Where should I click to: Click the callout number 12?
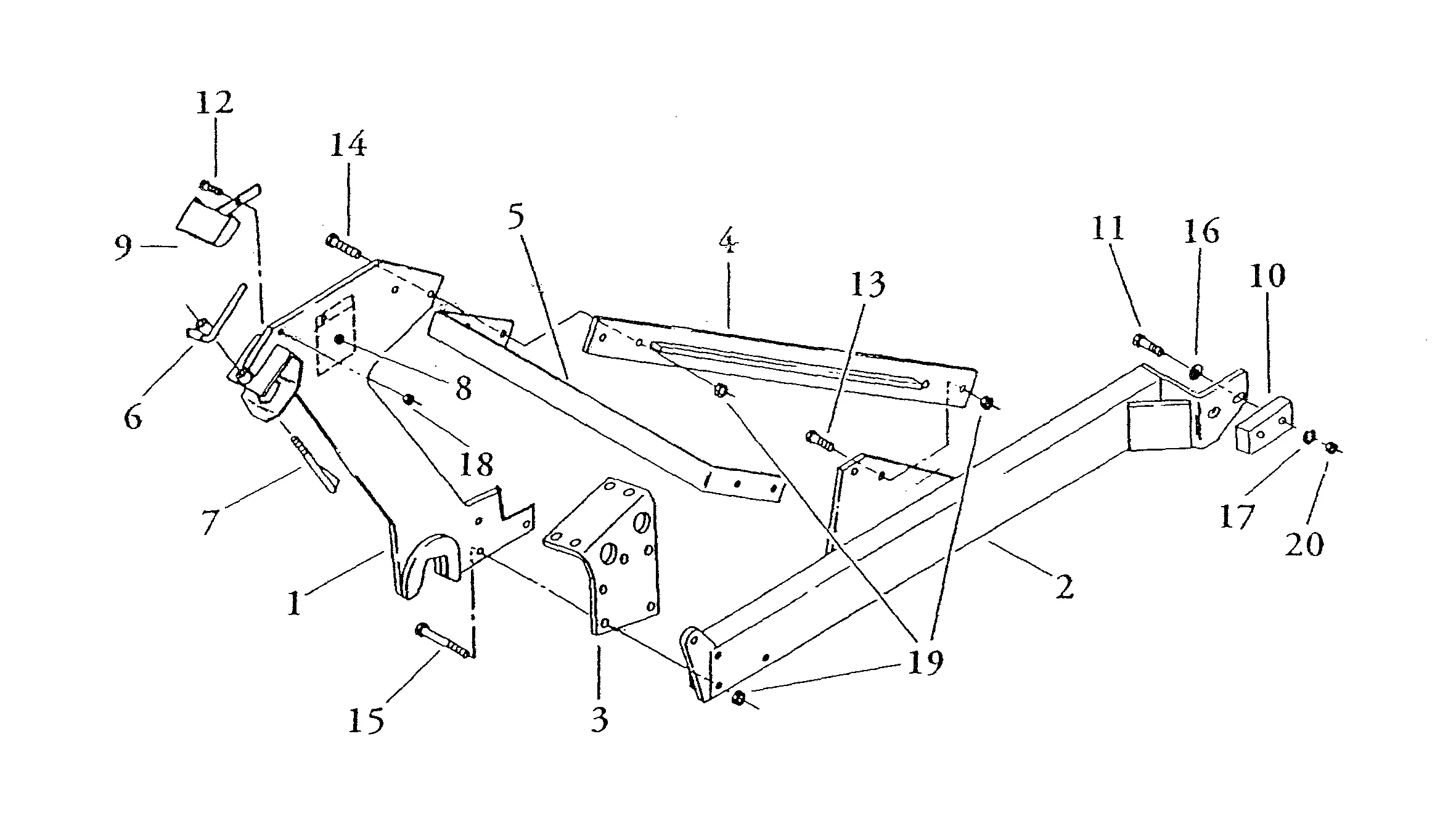215,102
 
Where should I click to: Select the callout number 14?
348,145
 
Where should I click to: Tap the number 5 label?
517,216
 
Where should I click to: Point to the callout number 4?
728,244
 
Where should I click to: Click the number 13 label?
867,284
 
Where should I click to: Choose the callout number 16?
1201,232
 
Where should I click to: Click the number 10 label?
1267,276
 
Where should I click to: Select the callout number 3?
599,719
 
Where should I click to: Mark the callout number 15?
366,719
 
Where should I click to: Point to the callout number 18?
476,464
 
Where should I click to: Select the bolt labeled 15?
442,640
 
